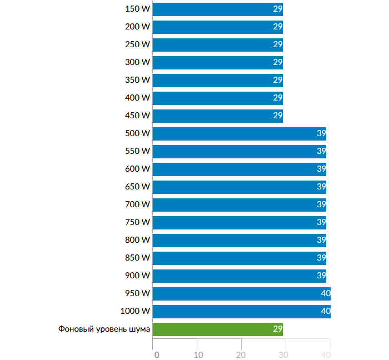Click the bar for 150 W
tap(217, 9)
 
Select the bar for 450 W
tap(217, 116)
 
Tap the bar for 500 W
tap(239, 133)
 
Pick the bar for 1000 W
tap(241, 311)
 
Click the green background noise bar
tap(217, 329)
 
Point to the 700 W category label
tap(138, 204)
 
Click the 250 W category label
tap(138, 44)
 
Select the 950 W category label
tap(138, 293)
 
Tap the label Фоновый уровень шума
tap(104, 329)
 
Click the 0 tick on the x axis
tap(156, 354)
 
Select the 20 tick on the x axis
tap(241, 354)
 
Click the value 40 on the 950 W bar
tap(326, 293)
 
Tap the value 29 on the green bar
tap(278, 329)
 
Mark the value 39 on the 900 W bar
tap(321, 276)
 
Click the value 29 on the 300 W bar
tap(278, 62)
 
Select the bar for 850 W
tap(239, 258)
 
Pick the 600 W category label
tap(138, 169)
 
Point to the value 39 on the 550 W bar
tap(321, 151)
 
